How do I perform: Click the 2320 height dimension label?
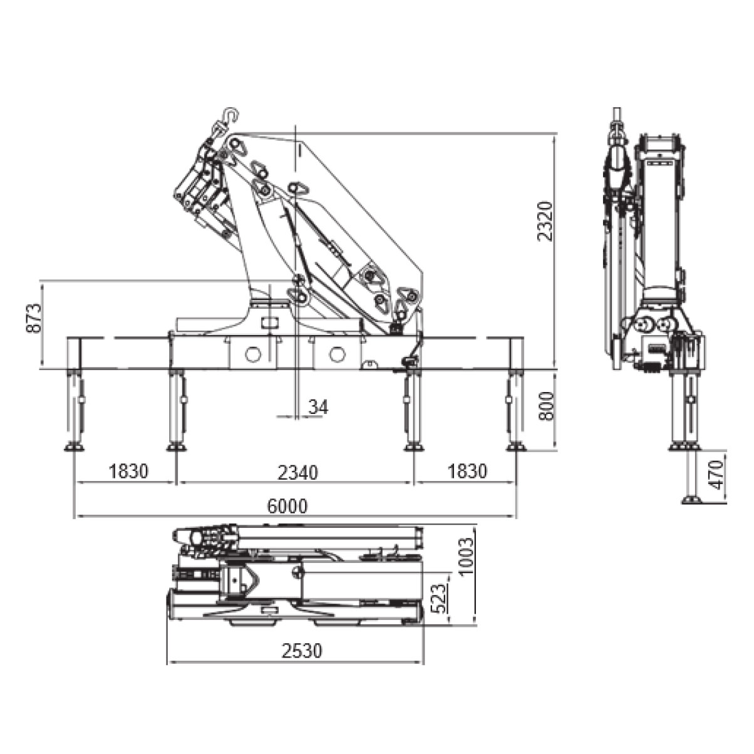[545, 221]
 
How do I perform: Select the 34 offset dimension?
[319, 406]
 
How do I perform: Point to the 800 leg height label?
[547, 406]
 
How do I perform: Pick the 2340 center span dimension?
[297, 473]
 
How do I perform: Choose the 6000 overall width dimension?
[287, 506]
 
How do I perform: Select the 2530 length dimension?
[302, 651]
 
